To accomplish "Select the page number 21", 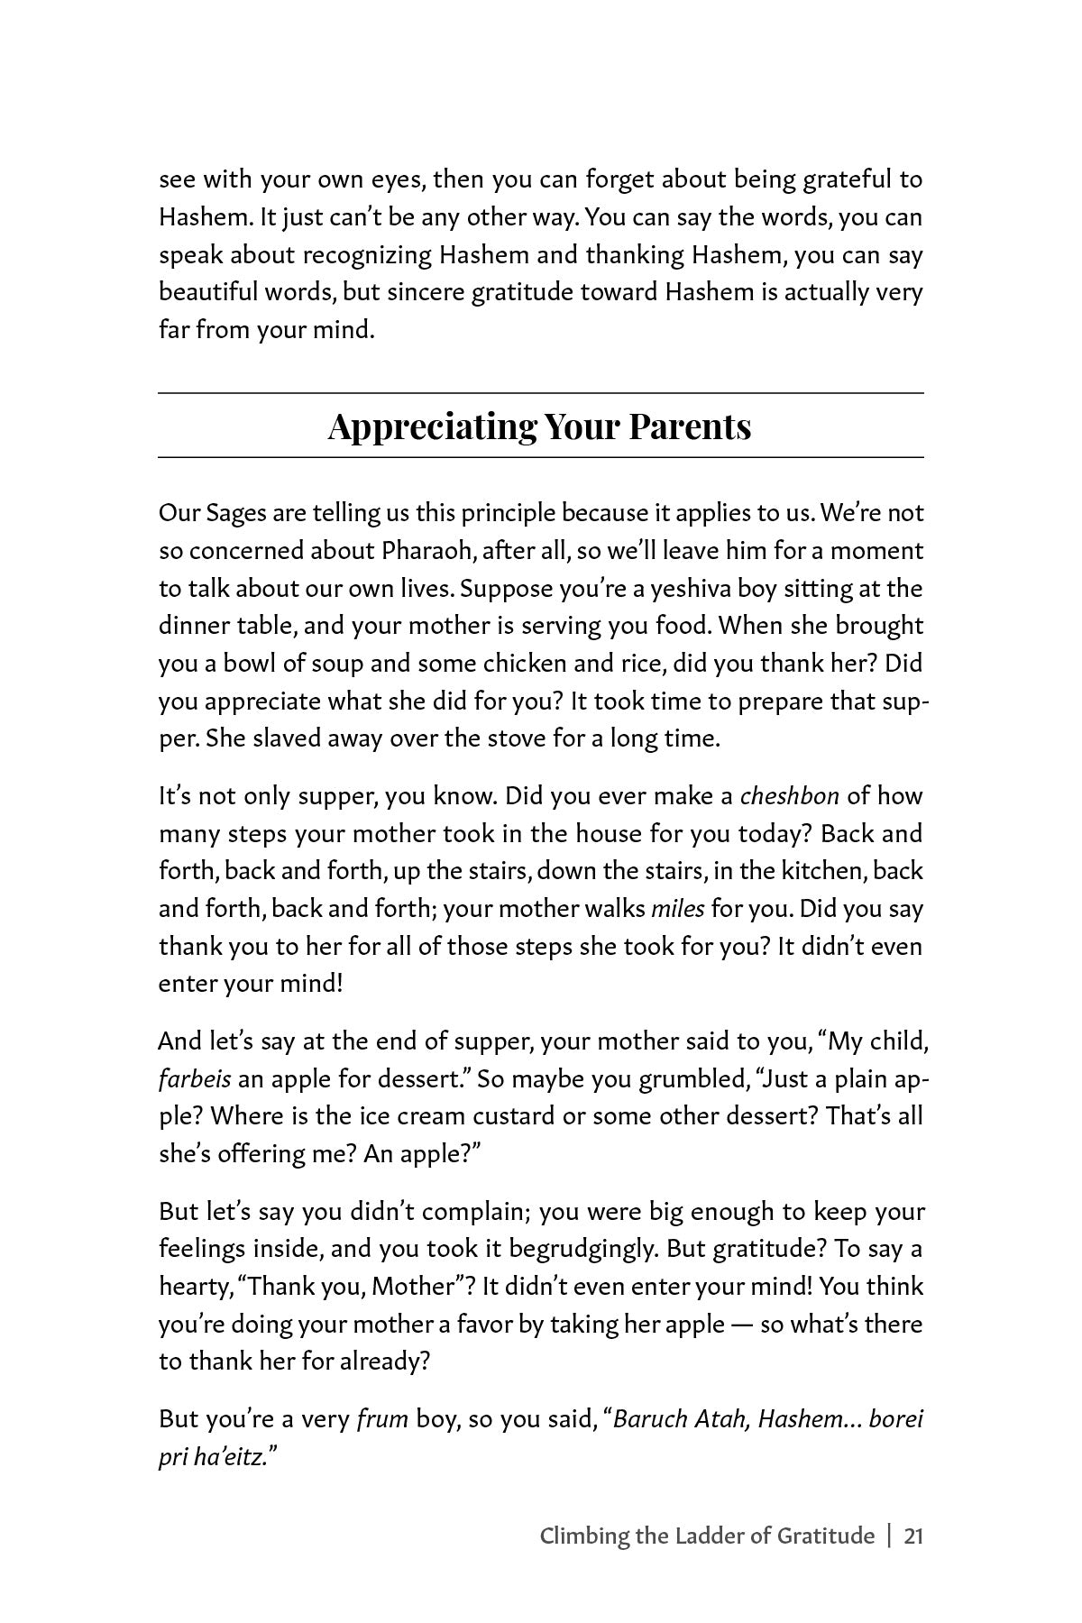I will pyautogui.click(x=912, y=1536).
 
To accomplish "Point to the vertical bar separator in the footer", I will pyautogui.click(x=889, y=1536).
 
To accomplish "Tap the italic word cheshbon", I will pyautogui.click(x=790, y=796).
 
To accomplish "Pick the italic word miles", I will pyautogui.click(x=677, y=909).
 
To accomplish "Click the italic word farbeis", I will pyautogui.click(x=195, y=1079).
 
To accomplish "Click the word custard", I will pyautogui.click(x=513, y=1116).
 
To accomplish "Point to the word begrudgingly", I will pyautogui.click(x=605, y=1250).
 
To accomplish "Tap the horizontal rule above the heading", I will pyautogui.click(x=541, y=393).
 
